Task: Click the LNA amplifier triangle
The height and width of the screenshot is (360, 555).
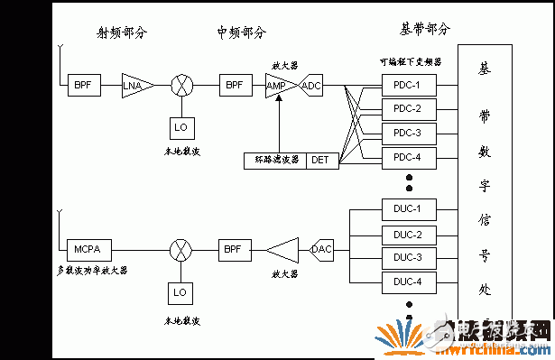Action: pyautogui.click(x=137, y=86)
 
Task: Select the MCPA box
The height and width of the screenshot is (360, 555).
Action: pyautogui.click(x=87, y=248)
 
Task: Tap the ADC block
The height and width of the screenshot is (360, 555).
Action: pyautogui.click(x=311, y=86)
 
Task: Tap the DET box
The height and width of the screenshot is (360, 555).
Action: pyautogui.click(x=320, y=160)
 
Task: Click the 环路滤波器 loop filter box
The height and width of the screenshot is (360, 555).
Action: pyautogui.click(x=275, y=160)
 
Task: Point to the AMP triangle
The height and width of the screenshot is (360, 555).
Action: pyautogui.click(x=276, y=86)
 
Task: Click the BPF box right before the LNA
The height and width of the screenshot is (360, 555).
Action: pyautogui.click(x=81, y=86)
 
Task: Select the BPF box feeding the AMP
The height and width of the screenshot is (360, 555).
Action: pyautogui.click(x=235, y=86)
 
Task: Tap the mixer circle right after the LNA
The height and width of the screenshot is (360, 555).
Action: pyautogui.click(x=182, y=86)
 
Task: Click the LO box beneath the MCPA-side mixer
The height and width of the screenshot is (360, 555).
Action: pyautogui.click(x=180, y=292)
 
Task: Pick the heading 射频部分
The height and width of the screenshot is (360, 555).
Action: pyautogui.click(x=121, y=33)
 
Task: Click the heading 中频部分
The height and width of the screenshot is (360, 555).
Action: pyautogui.click(x=241, y=32)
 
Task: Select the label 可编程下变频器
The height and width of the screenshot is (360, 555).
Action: pyautogui.click(x=410, y=63)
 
